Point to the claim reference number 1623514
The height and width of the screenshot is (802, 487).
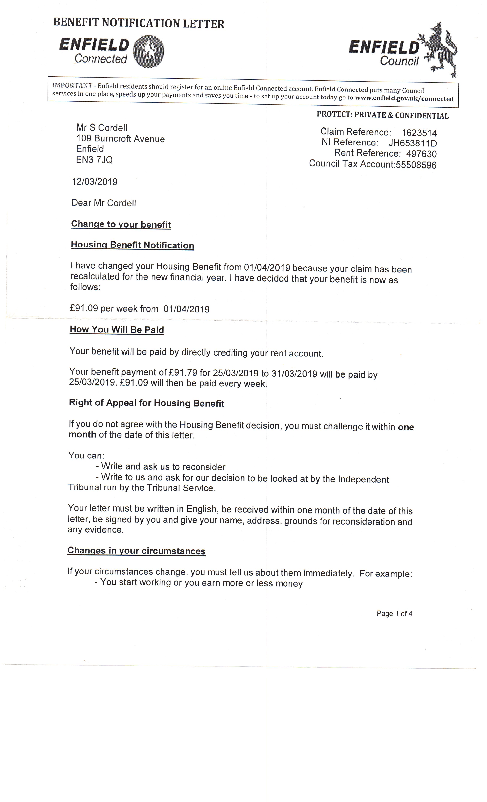pos(419,133)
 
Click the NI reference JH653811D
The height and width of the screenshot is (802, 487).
pos(413,143)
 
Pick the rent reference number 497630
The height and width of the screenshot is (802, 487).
pos(421,154)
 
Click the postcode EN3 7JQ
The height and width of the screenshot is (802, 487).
pos(94,160)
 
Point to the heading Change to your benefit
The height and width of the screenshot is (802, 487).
pos(121,224)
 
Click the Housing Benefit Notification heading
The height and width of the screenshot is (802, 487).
pos(132,245)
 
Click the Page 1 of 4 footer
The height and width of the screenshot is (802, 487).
pos(394,614)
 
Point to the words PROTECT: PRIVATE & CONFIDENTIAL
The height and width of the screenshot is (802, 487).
pos(383,115)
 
